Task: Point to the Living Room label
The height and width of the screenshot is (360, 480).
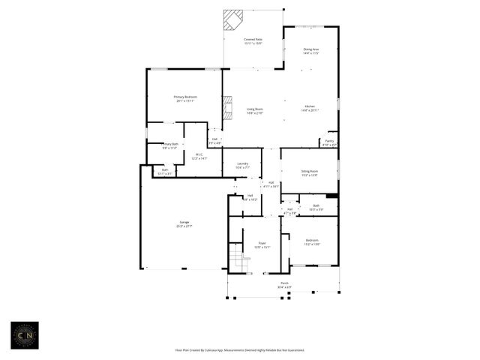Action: click(x=255, y=110)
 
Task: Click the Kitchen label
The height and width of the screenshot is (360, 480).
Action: click(x=310, y=107)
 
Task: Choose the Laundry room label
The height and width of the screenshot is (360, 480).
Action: click(x=242, y=165)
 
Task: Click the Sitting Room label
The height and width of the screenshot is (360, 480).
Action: click(x=310, y=172)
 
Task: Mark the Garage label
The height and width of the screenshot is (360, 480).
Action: click(x=184, y=223)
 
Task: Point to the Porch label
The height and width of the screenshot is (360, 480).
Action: click(x=284, y=284)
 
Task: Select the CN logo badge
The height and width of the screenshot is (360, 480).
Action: click(x=27, y=335)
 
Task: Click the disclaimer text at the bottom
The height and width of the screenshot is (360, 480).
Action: click(x=239, y=350)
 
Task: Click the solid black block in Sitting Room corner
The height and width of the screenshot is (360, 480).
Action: click(x=331, y=196)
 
